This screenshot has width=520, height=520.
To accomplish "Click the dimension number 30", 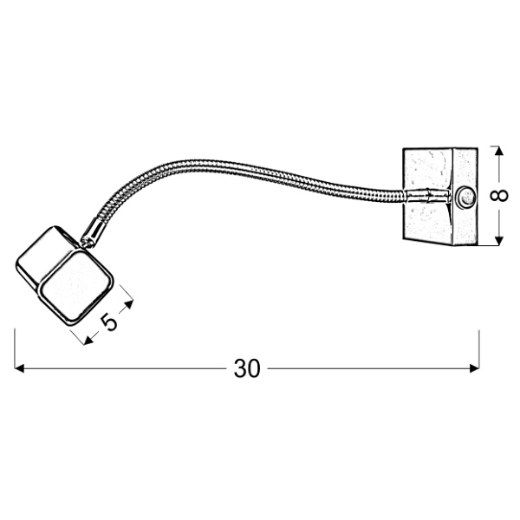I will coord(247,369).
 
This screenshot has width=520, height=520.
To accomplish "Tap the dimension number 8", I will coord(498,195).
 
